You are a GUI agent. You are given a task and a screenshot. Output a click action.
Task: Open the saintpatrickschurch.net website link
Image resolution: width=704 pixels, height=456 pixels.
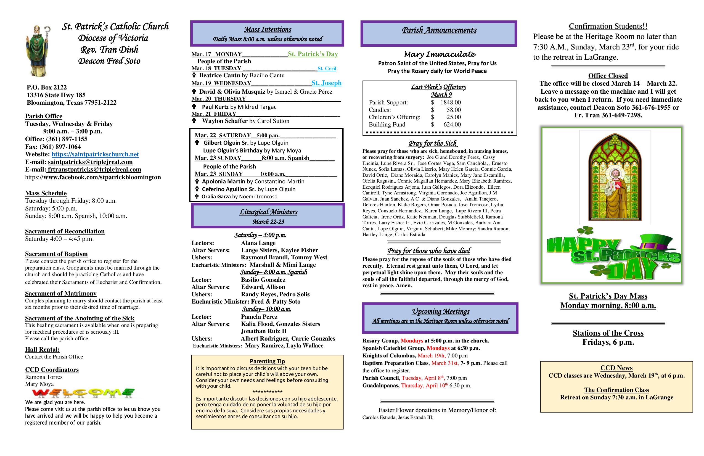tap(95, 154)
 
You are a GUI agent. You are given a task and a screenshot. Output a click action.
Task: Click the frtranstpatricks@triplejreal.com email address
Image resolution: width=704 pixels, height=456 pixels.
tap(94, 170)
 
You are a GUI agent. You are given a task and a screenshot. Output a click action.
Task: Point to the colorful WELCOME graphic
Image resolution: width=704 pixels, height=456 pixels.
tap(83, 393)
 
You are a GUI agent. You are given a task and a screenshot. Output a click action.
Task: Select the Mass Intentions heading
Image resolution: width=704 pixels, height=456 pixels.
tap(268, 29)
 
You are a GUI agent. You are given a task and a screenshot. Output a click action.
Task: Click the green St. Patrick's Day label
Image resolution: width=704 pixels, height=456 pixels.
tap(313, 54)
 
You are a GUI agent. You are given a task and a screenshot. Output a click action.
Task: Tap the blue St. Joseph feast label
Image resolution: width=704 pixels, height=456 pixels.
tap(326, 83)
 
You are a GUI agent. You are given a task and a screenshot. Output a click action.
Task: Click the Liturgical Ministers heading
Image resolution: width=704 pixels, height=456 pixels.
tap(268, 212)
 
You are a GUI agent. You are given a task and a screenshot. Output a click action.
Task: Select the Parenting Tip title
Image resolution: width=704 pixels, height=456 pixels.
tap(267, 361)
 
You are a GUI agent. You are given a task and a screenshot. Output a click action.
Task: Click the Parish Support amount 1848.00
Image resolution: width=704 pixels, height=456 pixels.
tap(450, 102)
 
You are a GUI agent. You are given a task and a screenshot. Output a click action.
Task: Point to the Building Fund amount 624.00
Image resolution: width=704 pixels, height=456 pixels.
tap(452, 125)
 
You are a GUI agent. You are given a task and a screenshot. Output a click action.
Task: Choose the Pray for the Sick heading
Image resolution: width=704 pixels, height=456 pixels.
tap(433, 144)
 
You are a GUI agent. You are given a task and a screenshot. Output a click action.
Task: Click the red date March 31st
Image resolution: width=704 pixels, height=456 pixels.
tap(444, 363)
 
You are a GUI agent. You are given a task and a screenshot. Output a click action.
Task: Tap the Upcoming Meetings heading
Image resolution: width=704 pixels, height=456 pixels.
tap(440, 311)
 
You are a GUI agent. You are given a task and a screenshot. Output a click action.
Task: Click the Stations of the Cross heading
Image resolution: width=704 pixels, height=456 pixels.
tap(608, 333)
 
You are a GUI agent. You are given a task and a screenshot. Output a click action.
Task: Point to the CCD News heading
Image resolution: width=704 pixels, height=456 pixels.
tap(616, 368)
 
